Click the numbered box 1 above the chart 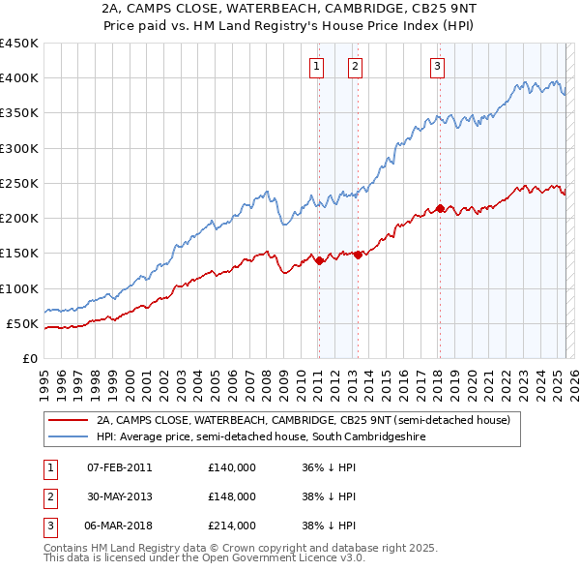pos(317,66)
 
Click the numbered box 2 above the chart pos(356,66)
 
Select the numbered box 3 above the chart pos(438,66)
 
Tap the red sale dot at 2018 pos(439,209)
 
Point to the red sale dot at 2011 pos(319,260)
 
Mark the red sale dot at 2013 pos(358,255)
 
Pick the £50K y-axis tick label pos(22,323)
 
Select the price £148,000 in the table pos(231,496)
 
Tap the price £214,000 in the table pos(231,526)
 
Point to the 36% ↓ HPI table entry pos(329,467)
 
